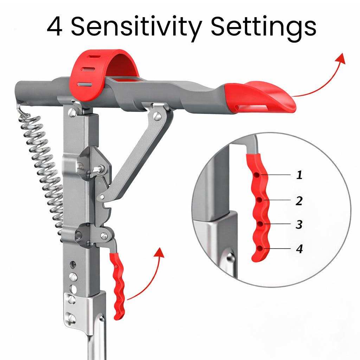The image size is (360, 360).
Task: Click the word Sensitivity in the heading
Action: click(137, 27)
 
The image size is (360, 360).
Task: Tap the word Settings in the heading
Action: click(263, 27)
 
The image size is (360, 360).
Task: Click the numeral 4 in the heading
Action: click(55, 27)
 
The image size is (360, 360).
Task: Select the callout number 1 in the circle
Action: click(299, 175)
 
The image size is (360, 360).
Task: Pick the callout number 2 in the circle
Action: click(299, 201)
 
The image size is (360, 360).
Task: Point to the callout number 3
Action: click(299, 225)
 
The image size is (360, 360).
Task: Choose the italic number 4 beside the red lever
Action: click(299, 249)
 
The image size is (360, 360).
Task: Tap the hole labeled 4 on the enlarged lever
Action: click(259, 249)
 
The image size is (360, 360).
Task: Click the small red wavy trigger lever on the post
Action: click(117, 285)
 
